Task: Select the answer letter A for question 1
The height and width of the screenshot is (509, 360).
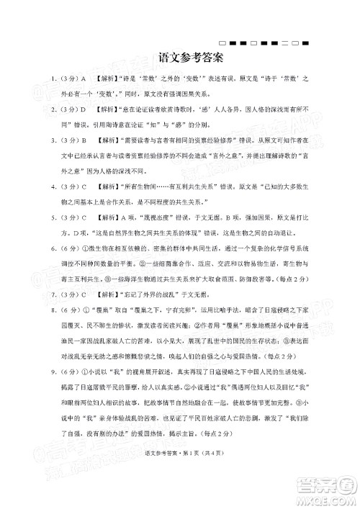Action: point(84,78)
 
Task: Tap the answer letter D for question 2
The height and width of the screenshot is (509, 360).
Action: point(84,109)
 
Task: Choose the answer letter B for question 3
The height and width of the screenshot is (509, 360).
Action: point(84,141)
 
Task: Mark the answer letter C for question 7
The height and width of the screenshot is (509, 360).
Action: point(84,294)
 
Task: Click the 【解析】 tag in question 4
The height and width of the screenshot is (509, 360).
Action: point(107,186)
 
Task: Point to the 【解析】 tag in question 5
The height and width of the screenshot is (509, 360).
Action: point(107,217)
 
